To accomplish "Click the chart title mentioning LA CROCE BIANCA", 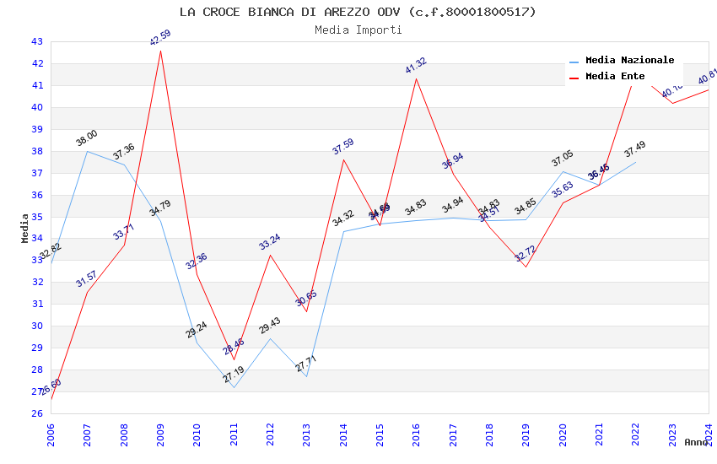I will pyautogui.click(x=358, y=12).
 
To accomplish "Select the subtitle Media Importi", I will pyautogui.click(x=358, y=30).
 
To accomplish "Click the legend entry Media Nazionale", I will pyautogui.click(x=629, y=60).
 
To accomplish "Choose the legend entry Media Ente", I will pyautogui.click(x=615, y=76).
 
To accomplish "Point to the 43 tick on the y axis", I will pyautogui.click(x=36, y=41).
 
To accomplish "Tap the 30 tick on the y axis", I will pyautogui.click(x=36, y=326).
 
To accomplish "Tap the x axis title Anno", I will pyautogui.click(x=696, y=442).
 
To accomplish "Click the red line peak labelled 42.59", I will pyautogui.click(x=160, y=51).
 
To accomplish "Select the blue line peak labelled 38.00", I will pyautogui.click(x=87, y=139).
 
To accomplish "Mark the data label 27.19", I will pyautogui.click(x=234, y=375).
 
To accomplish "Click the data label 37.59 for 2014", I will pyautogui.click(x=342, y=147).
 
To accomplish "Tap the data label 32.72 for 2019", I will pyautogui.click(x=525, y=254).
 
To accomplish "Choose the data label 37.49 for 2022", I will pyautogui.click(x=635, y=150).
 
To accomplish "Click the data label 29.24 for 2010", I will pyautogui.click(x=197, y=330).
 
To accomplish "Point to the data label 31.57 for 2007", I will pyautogui.click(x=87, y=279).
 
